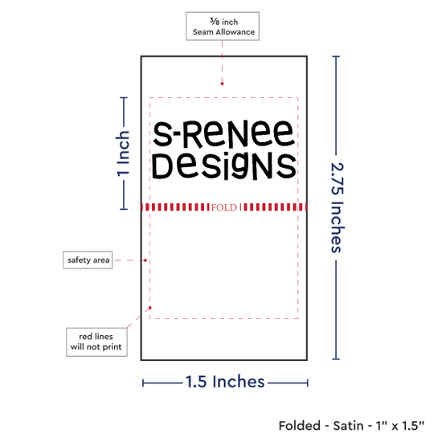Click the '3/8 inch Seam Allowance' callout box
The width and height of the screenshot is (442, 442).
point(223,27)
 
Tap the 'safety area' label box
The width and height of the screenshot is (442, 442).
point(88,260)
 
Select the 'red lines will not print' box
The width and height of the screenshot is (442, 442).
point(96,342)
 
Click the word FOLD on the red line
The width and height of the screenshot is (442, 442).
point(224,207)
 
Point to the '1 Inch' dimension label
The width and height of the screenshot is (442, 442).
point(123,154)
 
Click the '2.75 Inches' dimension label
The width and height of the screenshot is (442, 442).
point(337,207)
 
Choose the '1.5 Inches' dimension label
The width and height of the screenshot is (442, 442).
point(225,382)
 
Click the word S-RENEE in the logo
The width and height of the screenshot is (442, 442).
point(223,133)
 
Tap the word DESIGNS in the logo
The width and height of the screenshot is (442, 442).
point(224,166)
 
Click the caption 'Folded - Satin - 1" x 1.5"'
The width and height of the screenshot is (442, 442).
point(351,426)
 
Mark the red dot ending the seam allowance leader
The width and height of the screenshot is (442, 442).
point(222,84)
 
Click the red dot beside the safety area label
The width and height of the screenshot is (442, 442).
point(145,260)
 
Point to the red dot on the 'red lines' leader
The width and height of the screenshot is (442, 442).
point(150,308)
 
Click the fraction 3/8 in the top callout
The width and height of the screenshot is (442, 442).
point(215,21)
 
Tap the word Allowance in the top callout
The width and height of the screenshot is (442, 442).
point(235,32)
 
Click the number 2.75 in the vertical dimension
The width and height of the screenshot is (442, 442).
point(337,178)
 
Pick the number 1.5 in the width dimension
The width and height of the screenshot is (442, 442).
point(196,382)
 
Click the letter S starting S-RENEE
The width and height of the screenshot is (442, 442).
point(162,134)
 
